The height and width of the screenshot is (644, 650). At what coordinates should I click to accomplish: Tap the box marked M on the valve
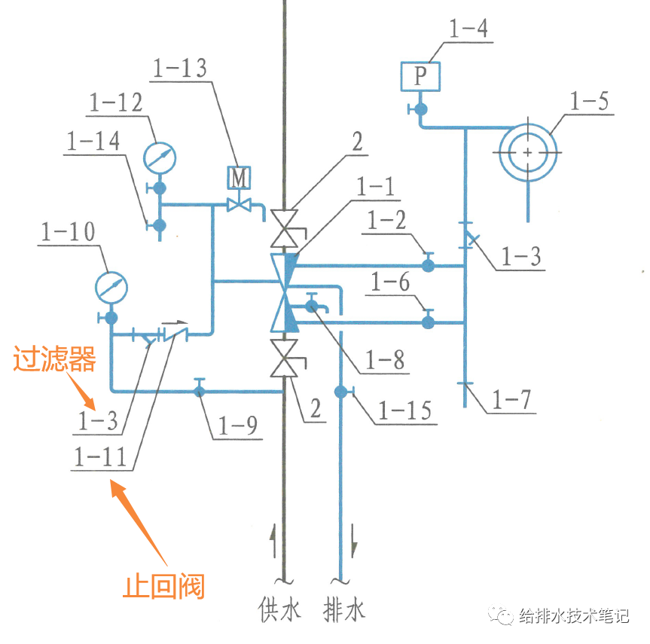click(239, 178)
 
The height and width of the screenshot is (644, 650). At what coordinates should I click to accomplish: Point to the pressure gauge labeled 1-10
click(111, 286)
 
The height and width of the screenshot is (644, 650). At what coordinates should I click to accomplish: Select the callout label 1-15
click(404, 411)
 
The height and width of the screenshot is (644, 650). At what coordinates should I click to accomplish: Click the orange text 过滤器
click(55, 361)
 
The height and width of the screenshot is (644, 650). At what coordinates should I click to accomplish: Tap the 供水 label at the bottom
click(278, 609)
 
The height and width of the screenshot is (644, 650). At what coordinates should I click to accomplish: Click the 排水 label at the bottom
click(344, 609)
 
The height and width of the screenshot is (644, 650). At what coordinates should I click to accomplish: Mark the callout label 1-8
click(385, 360)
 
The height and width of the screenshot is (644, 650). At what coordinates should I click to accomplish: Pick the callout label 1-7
click(512, 400)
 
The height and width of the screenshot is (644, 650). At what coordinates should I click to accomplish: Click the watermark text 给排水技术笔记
click(574, 616)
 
